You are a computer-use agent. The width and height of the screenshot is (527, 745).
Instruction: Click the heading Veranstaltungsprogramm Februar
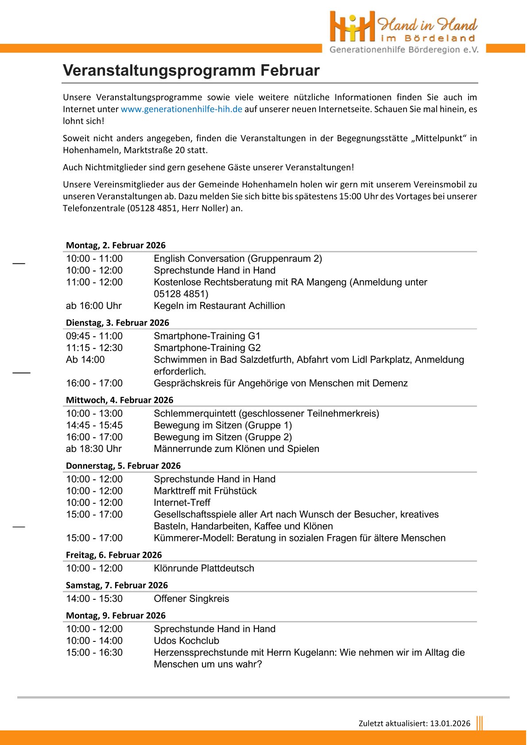(x=191, y=70)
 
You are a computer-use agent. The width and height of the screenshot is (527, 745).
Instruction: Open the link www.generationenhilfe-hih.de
(x=181, y=109)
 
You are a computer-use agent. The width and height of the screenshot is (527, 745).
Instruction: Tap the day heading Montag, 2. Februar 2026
(x=116, y=245)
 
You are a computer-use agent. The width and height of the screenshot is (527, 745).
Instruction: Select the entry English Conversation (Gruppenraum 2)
(x=238, y=259)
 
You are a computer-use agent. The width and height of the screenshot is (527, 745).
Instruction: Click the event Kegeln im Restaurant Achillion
(x=219, y=305)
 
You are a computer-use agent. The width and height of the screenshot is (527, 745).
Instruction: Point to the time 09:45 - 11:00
(x=94, y=336)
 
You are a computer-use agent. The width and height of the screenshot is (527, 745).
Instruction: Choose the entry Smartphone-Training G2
(x=207, y=348)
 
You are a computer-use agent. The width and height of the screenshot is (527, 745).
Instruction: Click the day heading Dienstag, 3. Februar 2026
(x=117, y=323)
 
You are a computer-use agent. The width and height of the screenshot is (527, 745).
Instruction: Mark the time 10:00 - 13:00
(x=94, y=413)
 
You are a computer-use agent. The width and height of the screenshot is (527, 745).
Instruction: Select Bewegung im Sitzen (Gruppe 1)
(x=223, y=425)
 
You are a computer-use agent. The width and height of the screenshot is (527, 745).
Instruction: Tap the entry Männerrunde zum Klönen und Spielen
(x=236, y=449)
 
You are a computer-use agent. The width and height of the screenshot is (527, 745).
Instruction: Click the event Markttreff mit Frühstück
(x=205, y=491)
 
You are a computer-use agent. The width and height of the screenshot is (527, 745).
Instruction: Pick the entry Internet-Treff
(x=182, y=503)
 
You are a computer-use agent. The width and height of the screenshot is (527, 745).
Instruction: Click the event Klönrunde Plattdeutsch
(x=204, y=568)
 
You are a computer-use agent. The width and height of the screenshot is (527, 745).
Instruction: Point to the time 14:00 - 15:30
(x=94, y=599)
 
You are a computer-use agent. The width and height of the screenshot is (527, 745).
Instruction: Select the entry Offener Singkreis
(x=191, y=599)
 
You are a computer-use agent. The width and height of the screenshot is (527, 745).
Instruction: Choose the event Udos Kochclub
(x=186, y=641)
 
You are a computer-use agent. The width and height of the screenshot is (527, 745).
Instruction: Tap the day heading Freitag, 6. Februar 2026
(x=114, y=555)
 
